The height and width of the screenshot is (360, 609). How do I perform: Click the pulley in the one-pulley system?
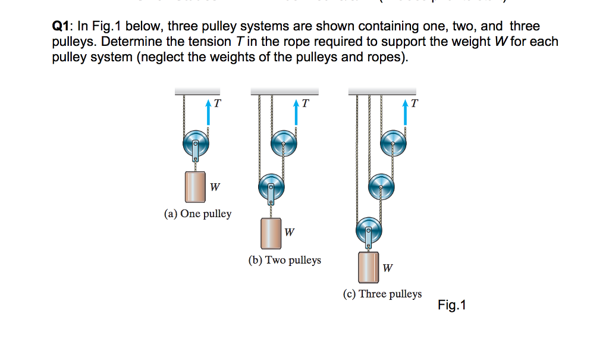tap(196, 143)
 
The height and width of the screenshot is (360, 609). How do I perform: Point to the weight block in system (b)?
tap(271, 233)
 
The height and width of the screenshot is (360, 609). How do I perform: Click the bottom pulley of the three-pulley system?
tap(369, 229)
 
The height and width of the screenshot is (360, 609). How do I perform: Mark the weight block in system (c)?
tap(368, 267)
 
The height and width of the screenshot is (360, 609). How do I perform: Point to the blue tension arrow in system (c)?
tap(406, 113)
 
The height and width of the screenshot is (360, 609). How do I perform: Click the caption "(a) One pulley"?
tap(197, 214)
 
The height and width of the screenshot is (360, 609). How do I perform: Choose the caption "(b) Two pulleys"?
tap(284, 260)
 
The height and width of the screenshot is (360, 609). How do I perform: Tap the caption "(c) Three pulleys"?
tap(382, 294)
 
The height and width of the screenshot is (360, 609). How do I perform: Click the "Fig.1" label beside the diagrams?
tap(452, 305)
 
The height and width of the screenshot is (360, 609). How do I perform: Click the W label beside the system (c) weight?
tap(387, 268)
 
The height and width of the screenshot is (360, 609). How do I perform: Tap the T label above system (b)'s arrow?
tap(305, 104)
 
